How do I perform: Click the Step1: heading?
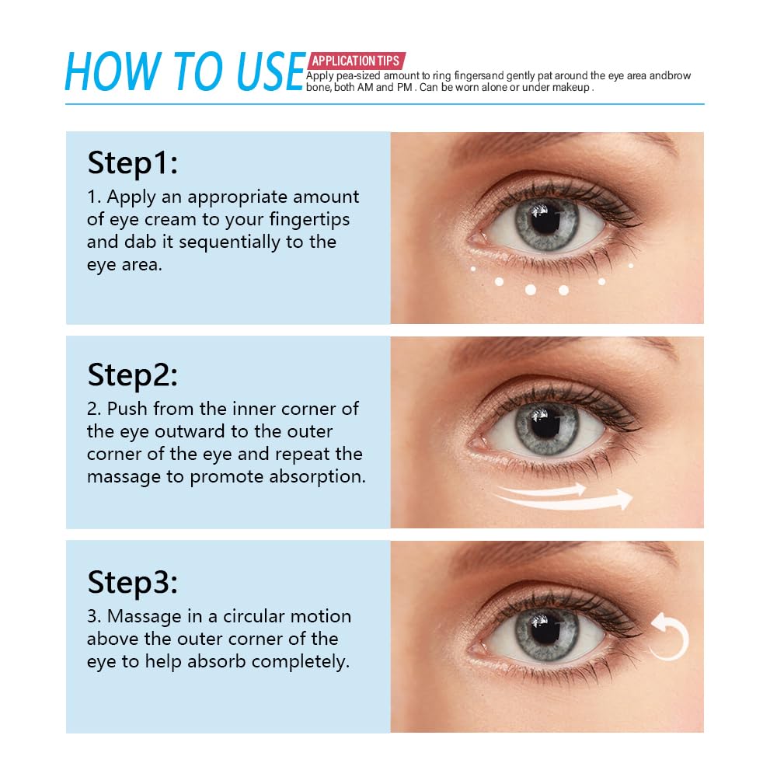coord(133,164)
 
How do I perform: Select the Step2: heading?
coord(133,375)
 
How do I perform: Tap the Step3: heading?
coord(133,581)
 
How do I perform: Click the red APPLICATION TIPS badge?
coord(356,61)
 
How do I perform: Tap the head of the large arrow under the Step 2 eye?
coord(622,499)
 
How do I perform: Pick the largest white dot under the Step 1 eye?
coord(531,290)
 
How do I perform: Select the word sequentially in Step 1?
coord(219,242)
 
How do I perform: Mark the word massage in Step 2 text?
coord(124,476)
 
